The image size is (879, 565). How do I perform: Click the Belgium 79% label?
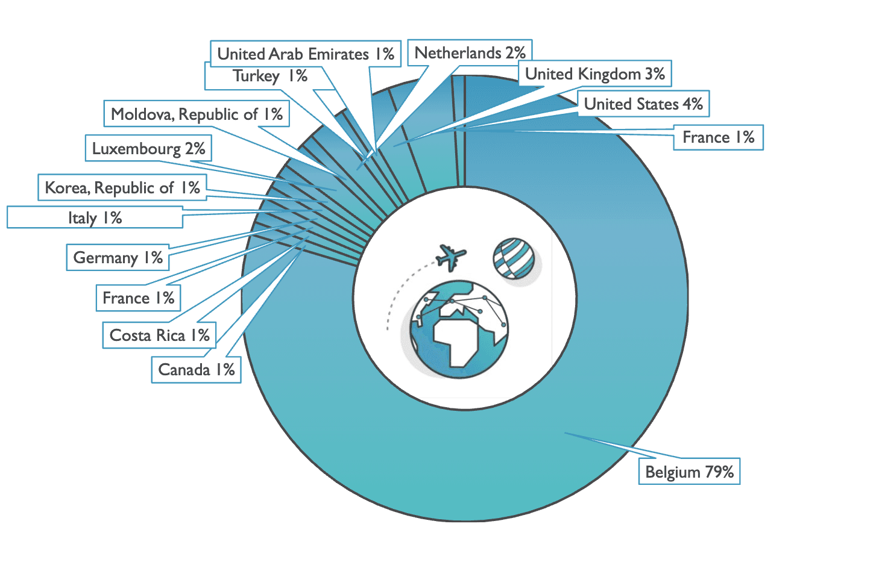pyautogui.click(x=689, y=472)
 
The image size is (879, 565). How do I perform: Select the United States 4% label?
pyautogui.click(x=643, y=104)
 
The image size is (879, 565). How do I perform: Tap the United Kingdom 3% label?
pyautogui.click(x=595, y=74)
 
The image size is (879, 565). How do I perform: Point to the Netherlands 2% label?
pyautogui.click(x=470, y=53)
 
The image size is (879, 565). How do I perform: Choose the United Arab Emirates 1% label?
pyautogui.click(x=306, y=54)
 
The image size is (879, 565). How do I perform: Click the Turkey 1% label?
pyautogui.click(x=269, y=76)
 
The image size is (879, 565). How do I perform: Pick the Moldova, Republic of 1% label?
pyautogui.click(x=197, y=114)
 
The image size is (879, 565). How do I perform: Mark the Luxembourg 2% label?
pyautogui.click(x=148, y=149)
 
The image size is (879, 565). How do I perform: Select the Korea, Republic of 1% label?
pyautogui.click(x=122, y=188)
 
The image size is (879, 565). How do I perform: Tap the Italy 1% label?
pyautogui.click(x=95, y=217)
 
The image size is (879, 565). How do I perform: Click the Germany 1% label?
pyautogui.click(x=118, y=258)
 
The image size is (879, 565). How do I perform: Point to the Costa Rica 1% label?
pyautogui.click(x=159, y=336)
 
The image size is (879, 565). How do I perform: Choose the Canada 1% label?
pyautogui.click(x=196, y=370)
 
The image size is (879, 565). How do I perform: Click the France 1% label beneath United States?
pyautogui.click(x=718, y=138)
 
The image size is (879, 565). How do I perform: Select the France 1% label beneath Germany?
pyautogui.click(x=138, y=298)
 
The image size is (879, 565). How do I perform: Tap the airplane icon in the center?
pyautogui.click(x=452, y=257)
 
